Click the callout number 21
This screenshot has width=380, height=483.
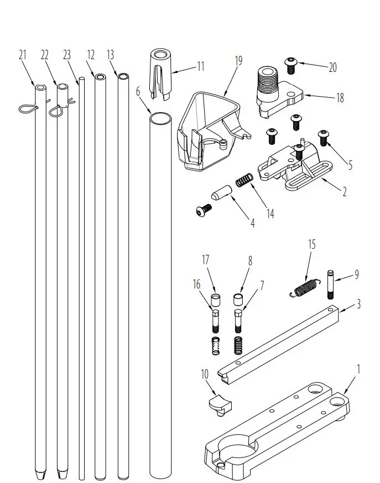coord(23,55)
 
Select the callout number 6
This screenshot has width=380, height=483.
coord(138,91)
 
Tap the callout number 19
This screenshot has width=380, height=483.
coord(238,61)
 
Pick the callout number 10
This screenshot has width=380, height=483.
coord(204,374)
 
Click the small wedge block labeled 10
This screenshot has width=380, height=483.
coord(218,405)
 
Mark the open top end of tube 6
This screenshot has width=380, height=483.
coord(160,118)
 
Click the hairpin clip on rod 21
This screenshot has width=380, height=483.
coord(27,109)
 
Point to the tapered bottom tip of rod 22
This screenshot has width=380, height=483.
coord(61,474)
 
